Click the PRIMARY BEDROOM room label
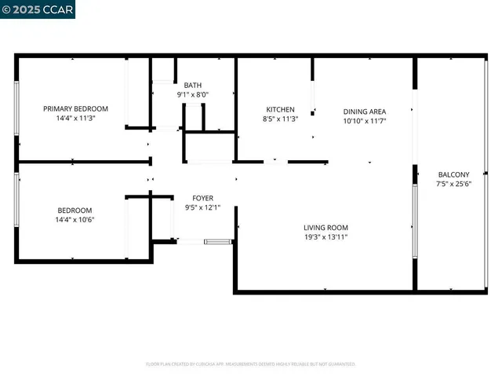pos(75,108)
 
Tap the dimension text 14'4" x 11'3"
pos(75,118)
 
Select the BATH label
pos(192,85)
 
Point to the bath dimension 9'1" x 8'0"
pos(192,94)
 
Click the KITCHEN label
pos(280,109)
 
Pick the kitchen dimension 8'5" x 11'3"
pos(280,119)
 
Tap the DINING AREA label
pos(365,112)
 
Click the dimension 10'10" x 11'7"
pos(365,121)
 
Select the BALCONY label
pos(453,174)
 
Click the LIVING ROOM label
pos(326,227)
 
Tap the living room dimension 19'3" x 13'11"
pos(326,236)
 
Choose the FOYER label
pos(203,198)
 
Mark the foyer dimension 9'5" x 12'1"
pos(203,207)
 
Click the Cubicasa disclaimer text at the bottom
pos(251,364)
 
